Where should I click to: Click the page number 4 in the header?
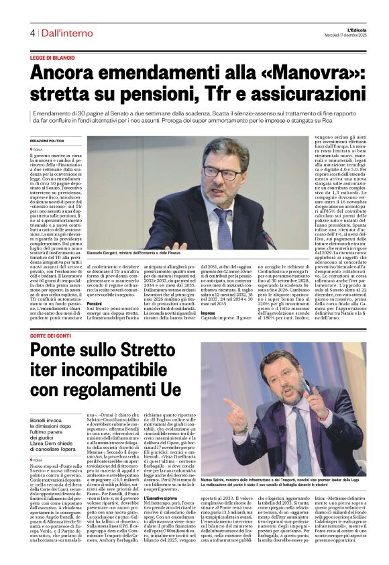tap(32, 33)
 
